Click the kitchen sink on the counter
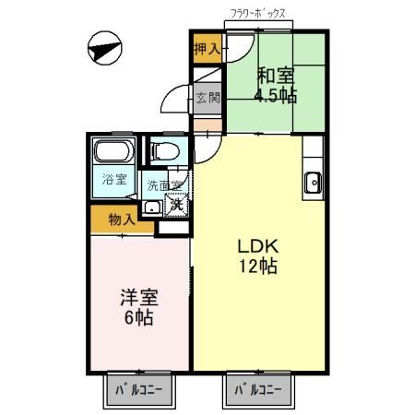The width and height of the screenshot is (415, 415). click(x=313, y=182)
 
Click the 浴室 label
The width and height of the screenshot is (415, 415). click(x=113, y=180)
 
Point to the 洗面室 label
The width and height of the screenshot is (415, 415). click(x=166, y=185)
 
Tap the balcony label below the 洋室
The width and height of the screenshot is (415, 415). click(x=138, y=390)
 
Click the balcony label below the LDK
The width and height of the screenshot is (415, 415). click(x=257, y=390)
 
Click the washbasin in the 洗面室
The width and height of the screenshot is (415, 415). click(x=151, y=205)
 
